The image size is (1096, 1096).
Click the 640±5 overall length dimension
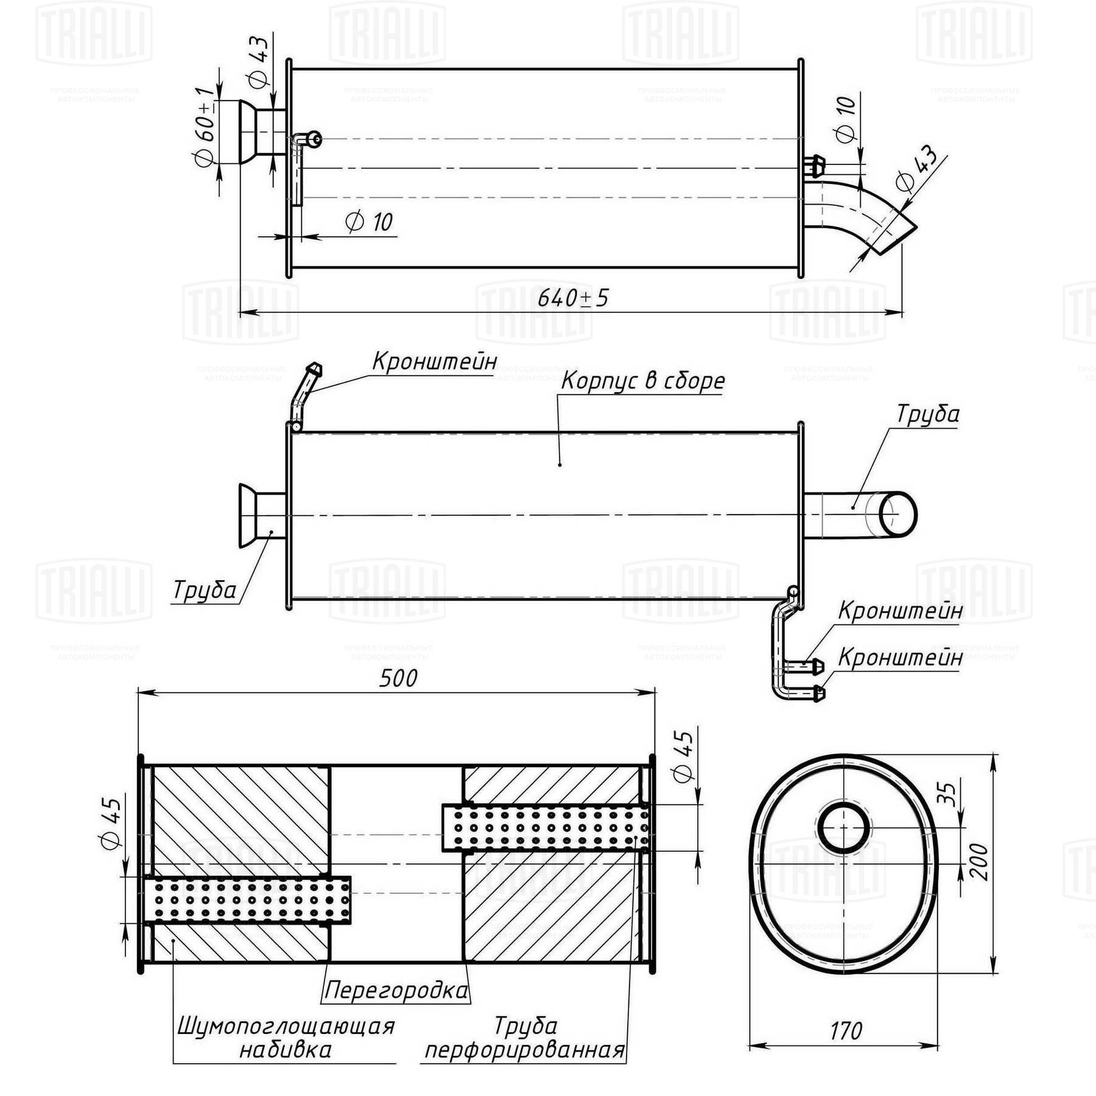572,298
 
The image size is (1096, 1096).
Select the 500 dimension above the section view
398,678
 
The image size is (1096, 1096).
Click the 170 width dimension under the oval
846,1031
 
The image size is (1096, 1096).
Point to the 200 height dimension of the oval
978,861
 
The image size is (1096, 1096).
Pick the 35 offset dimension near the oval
947,793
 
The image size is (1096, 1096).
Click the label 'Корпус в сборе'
642,381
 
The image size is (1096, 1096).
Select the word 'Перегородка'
396,990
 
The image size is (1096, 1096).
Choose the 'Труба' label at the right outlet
927,415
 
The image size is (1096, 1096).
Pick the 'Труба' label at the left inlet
205,590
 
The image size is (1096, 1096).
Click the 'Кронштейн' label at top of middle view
434,361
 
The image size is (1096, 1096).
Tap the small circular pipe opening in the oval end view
843,827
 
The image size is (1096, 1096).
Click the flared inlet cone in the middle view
248,516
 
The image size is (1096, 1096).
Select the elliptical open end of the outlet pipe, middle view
898,515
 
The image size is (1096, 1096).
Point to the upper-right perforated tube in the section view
545,828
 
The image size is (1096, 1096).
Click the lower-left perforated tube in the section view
248,900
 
